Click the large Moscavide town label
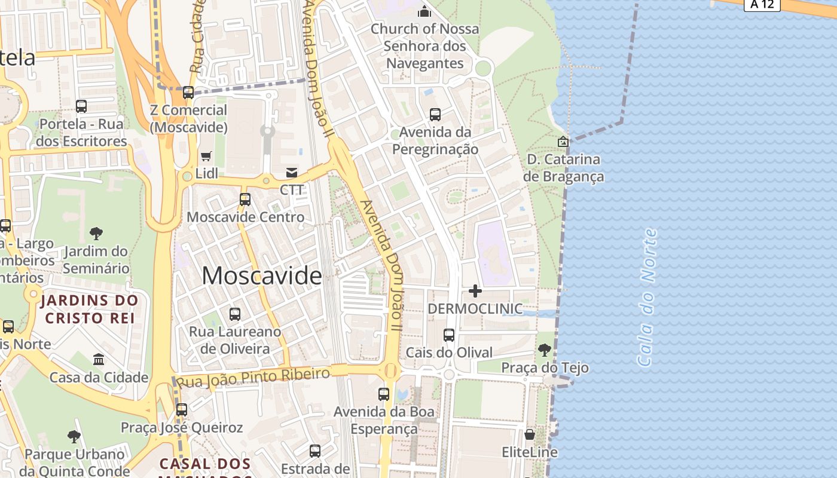point(262,275)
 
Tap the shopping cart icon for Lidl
point(206,157)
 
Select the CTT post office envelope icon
point(292,173)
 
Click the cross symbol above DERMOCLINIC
point(475,291)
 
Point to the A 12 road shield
point(762,5)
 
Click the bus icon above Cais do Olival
point(449,335)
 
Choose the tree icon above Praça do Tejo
point(544,350)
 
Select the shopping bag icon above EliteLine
point(530,434)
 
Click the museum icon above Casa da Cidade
point(99,360)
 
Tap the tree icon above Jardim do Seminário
point(96,234)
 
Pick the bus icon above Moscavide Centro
point(245,200)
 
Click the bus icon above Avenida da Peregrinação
point(435,114)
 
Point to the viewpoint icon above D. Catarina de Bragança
point(563,142)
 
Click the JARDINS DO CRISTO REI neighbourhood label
point(91,309)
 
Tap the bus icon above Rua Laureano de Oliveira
point(235,314)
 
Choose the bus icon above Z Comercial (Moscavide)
point(188,93)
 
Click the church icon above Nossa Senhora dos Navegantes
point(424,11)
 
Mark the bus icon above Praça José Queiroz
point(182,410)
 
